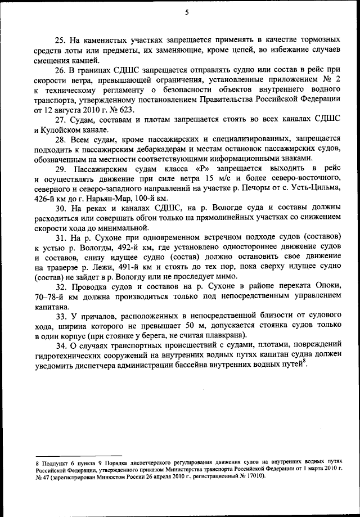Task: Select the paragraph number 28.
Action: (x=60, y=138)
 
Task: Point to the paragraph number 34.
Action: (x=60, y=345)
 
